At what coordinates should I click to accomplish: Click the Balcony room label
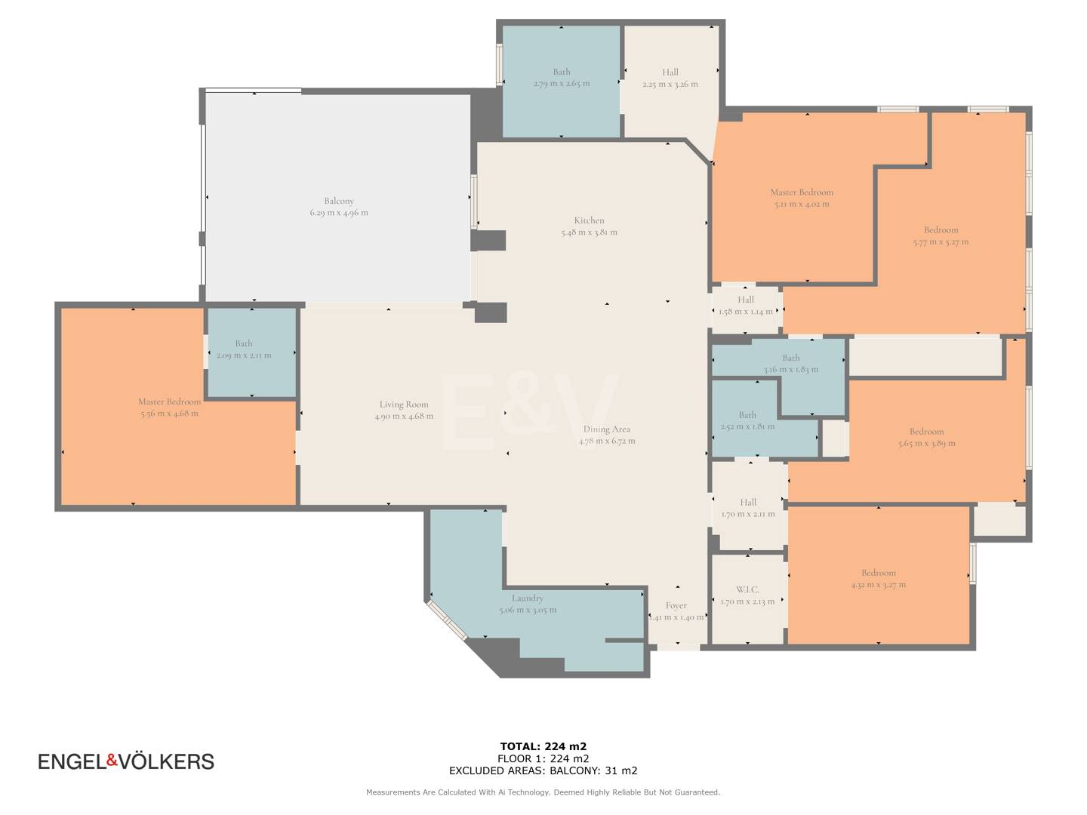click(x=339, y=201)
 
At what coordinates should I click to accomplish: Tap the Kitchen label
click(x=589, y=220)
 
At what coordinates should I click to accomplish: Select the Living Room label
click(x=404, y=404)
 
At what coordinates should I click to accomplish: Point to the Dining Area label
click(x=607, y=429)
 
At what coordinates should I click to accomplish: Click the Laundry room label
click(x=528, y=598)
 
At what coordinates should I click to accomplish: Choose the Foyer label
click(x=676, y=606)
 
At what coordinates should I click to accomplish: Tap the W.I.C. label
click(x=747, y=589)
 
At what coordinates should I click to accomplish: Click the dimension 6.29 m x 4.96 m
click(x=339, y=213)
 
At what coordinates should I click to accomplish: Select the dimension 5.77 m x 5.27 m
click(x=941, y=242)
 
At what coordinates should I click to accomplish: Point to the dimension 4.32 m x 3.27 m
click(x=879, y=584)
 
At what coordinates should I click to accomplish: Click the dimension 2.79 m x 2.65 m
click(x=562, y=84)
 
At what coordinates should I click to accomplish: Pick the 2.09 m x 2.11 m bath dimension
click(x=244, y=355)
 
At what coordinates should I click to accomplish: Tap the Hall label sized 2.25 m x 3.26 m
click(x=670, y=72)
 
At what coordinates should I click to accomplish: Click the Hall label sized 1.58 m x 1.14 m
click(x=745, y=300)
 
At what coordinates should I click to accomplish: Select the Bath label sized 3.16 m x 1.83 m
click(x=791, y=357)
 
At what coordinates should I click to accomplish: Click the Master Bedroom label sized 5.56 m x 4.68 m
click(x=169, y=401)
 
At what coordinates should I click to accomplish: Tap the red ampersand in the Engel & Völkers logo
click(x=112, y=760)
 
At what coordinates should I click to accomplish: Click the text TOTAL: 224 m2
click(x=543, y=746)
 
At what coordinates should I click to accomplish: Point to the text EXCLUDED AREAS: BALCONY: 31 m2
click(x=543, y=770)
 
